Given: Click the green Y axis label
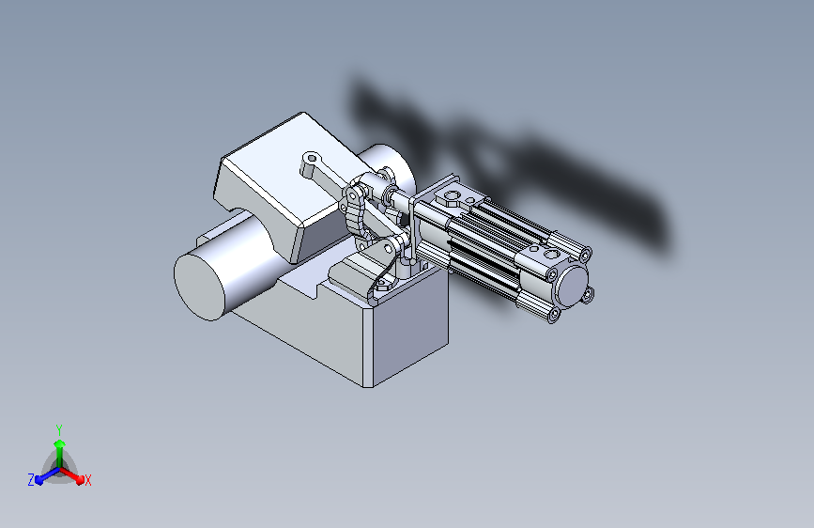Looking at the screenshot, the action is coord(59,429).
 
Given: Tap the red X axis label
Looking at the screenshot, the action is coord(87,480).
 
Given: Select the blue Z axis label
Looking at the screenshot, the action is coord(31,480).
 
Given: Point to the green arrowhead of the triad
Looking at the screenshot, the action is coord(60,443).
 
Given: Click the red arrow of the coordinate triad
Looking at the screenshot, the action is coord(71,475).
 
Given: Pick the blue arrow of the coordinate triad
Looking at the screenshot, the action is coord(48,475).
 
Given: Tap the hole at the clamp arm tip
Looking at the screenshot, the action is coord(312,158).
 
